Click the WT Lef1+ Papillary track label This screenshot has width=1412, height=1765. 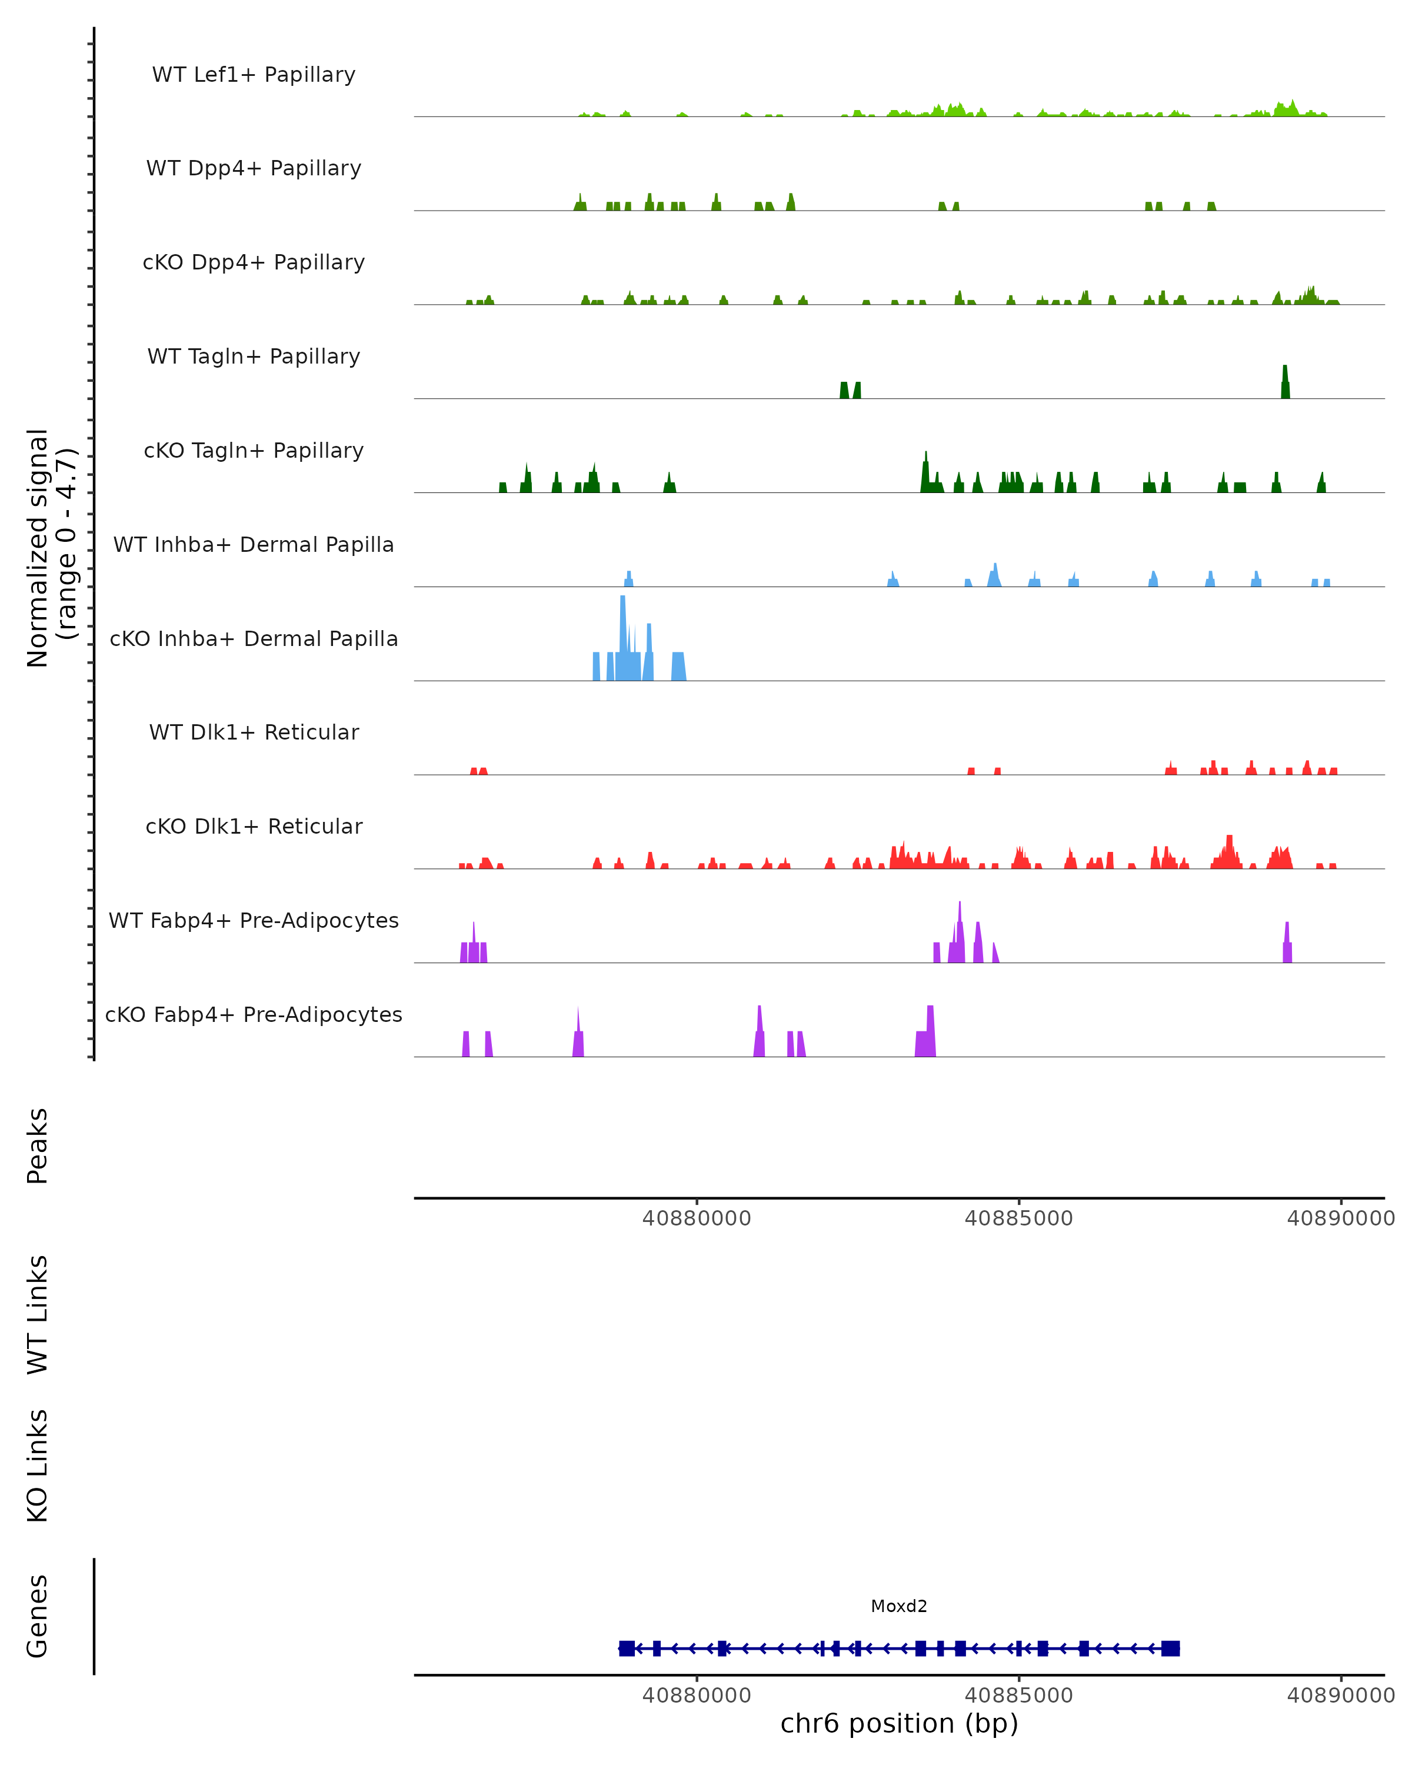[254, 75]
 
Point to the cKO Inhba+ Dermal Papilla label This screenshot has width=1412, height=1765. [254, 638]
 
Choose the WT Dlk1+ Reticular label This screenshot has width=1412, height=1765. [254, 732]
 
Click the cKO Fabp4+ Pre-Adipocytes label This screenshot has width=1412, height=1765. [254, 1014]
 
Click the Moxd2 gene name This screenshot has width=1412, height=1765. [899, 1606]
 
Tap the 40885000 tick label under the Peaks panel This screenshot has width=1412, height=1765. [1018, 1218]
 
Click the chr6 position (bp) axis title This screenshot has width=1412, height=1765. [899, 1723]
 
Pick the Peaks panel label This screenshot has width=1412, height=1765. [38, 1145]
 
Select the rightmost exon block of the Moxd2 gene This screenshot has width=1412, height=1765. [1171, 1648]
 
